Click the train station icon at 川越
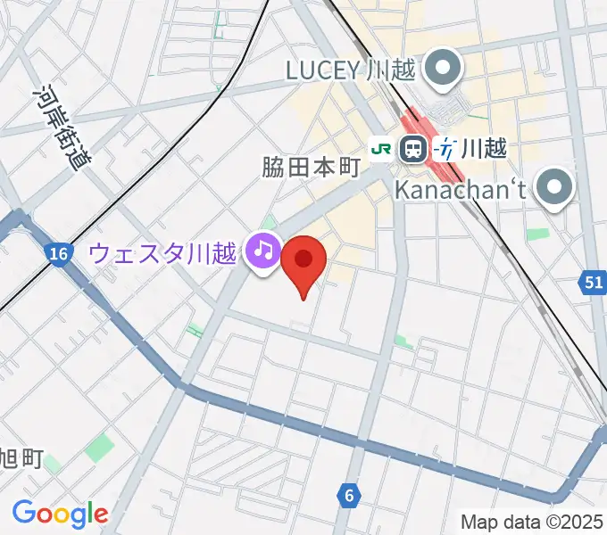(412, 149)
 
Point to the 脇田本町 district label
(310, 167)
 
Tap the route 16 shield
(59, 255)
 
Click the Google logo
(60, 514)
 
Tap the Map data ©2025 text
(531, 521)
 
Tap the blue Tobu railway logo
(445, 149)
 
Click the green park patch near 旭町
(101, 448)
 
